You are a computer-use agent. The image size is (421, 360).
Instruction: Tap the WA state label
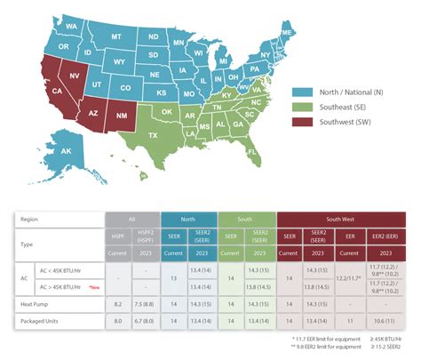(x=73, y=27)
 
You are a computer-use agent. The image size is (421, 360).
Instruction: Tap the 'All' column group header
(x=131, y=218)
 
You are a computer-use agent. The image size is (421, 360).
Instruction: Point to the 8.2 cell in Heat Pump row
(x=118, y=303)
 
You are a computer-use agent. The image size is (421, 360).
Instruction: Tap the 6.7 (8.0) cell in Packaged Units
(x=145, y=317)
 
